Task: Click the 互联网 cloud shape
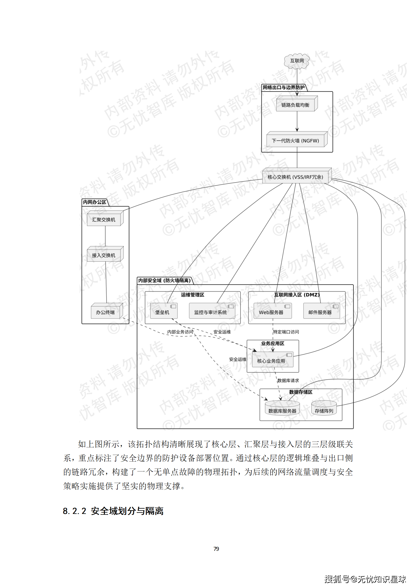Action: point(297,61)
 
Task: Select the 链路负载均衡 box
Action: point(295,105)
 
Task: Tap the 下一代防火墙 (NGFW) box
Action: point(295,141)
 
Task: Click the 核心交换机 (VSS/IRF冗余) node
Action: point(295,177)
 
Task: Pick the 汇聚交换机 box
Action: point(104,219)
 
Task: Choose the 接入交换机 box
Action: point(104,255)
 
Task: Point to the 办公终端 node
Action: point(105,312)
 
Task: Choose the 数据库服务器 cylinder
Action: point(282,410)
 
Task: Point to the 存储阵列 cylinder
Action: point(324,410)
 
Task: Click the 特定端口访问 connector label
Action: point(286,332)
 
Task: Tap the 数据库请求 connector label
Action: point(288,380)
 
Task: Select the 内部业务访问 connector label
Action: point(180,332)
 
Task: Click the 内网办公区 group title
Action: point(95,202)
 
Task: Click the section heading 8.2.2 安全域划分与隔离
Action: point(113,511)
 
